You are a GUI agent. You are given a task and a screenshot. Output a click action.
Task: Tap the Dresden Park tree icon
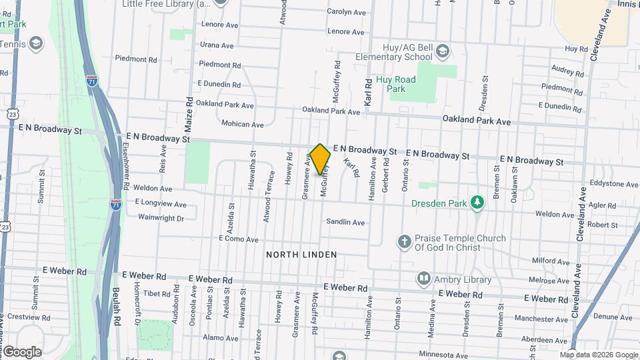477,202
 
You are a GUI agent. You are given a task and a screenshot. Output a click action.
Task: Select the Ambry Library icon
424,278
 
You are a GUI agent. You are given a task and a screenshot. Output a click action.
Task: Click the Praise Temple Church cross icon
404,241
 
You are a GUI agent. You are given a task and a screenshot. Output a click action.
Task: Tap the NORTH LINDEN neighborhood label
301,255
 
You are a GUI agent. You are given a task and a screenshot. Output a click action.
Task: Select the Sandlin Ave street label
345,222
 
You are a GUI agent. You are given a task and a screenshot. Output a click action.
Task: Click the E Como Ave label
238,239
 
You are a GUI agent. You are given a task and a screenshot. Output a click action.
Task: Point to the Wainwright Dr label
161,217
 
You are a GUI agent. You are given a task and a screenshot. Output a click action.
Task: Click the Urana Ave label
217,45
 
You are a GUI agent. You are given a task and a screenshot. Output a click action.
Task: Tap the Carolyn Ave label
346,12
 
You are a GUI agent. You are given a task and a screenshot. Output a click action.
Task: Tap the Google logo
21,352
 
